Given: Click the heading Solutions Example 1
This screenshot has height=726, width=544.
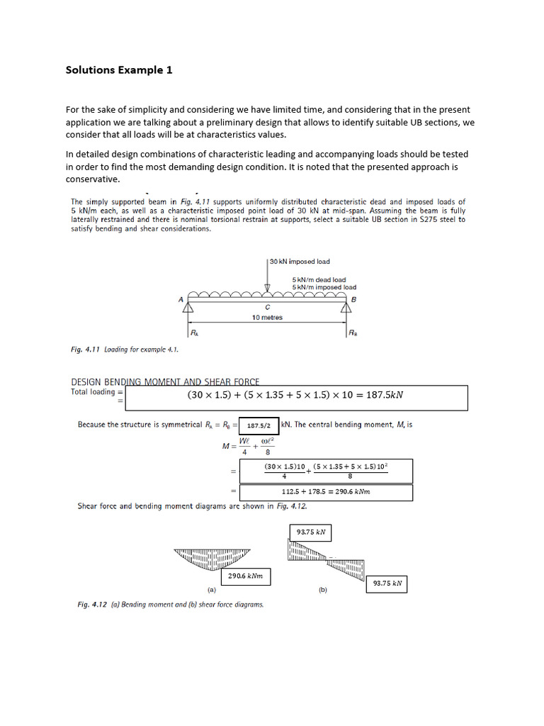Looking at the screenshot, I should [x=118, y=69].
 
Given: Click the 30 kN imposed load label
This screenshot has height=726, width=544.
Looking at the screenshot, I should [x=300, y=262].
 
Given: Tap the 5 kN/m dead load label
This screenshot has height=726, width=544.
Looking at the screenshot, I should [x=319, y=279].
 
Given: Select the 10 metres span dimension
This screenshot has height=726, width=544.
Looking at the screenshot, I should [x=267, y=317].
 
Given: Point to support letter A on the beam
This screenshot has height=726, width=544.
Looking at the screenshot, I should [x=181, y=300].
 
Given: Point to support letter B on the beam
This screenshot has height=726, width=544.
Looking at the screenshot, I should [x=353, y=300].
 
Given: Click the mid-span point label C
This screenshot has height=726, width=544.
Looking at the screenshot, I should [x=267, y=307].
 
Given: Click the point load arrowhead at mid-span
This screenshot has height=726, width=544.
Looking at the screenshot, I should [x=267, y=287].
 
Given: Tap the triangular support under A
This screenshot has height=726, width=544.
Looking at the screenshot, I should [x=189, y=305].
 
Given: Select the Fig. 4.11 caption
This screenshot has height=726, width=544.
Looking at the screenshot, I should [x=124, y=350].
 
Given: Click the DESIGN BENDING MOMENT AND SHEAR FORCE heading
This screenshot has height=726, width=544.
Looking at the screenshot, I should [x=165, y=381].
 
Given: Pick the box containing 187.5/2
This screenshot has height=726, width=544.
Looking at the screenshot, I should [x=259, y=426].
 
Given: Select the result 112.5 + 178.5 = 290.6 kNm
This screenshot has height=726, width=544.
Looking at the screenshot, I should [x=326, y=491].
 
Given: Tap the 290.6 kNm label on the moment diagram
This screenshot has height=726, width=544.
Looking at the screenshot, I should [x=245, y=576].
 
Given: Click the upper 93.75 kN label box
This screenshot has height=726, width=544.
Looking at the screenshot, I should [x=310, y=532].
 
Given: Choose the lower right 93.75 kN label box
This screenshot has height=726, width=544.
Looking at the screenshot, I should [x=387, y=584].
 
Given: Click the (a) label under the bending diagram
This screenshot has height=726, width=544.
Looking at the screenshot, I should [x=211, y=589].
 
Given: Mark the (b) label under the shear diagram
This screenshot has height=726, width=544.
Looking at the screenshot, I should [x=323, y=589].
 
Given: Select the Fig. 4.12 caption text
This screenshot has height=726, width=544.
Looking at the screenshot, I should [x=170, y=605].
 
